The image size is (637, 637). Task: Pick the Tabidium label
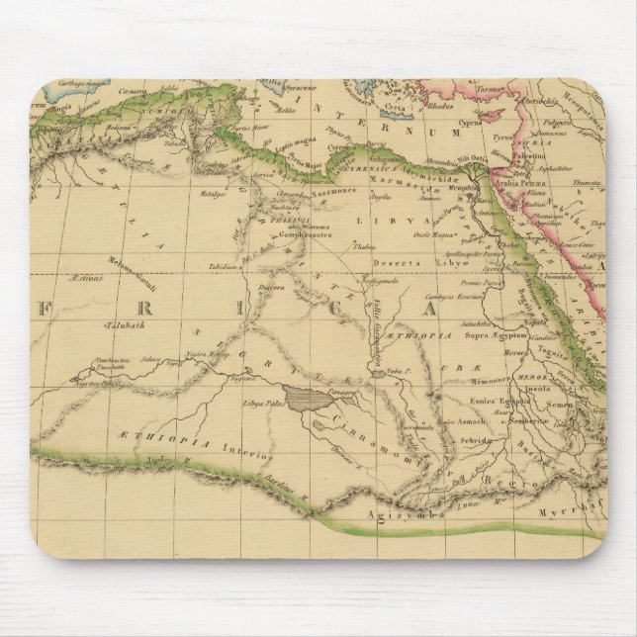coord(197,267)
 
